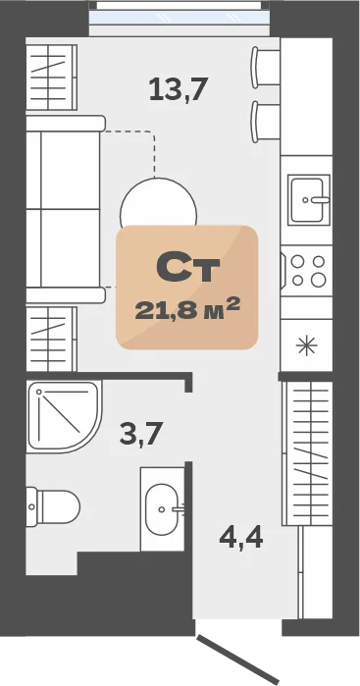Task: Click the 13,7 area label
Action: tap(178, 88)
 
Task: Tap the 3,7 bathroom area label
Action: tap(141, 434)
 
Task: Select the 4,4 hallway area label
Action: tap(241, 538)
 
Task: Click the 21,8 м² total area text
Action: tap(187, 310)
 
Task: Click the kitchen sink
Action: tap(309, 199)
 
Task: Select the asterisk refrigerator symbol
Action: tap(306, 345)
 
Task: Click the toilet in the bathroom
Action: tap(53, 506)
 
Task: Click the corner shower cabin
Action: tap(64, 417)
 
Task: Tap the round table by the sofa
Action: tap(158, 202)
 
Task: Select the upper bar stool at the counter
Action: tap(265, 68)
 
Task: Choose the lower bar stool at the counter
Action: tap(265, 122)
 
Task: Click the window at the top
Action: tap(180, 18)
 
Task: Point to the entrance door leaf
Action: tap(237, 660)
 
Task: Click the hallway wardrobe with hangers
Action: tap(308, 452)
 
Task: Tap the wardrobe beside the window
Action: tap(52, 77)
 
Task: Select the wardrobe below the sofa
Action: tap(52, 339)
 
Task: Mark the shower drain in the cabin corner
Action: tap(39, 393)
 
